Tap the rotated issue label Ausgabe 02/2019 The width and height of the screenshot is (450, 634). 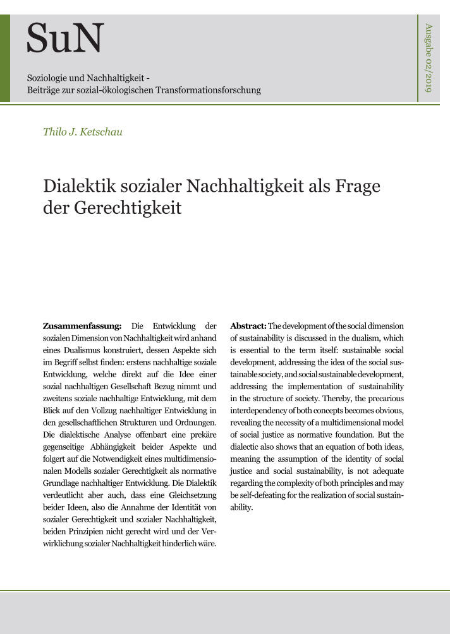[429, 58]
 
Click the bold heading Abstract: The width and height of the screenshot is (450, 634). [248, 326]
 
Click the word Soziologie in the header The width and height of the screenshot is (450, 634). [49, 78]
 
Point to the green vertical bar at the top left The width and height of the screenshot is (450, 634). [5, 58]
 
